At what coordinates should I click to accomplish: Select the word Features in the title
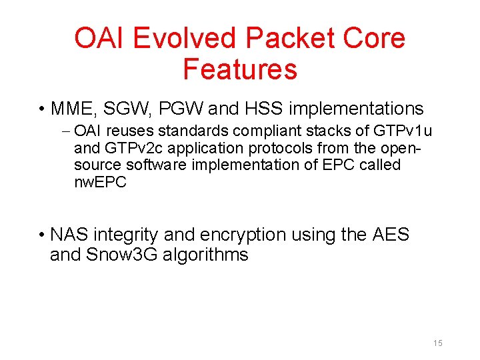point(239,69)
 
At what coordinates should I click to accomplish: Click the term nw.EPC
point(100,182)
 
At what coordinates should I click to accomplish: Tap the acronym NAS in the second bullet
point(69,235)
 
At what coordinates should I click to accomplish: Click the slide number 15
point(438,343)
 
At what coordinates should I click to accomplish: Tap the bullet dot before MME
point(41,109)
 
